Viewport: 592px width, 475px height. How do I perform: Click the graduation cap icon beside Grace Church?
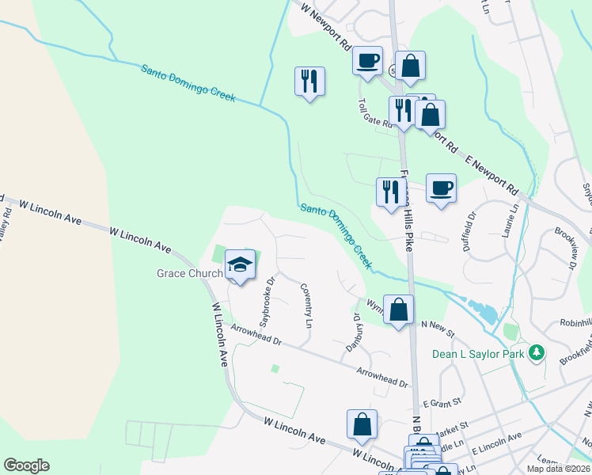(241, 264)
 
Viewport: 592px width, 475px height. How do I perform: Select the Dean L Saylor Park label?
(477, 353)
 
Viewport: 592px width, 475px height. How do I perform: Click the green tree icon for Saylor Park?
(537, 351)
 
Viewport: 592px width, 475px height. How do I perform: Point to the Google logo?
(26, 465)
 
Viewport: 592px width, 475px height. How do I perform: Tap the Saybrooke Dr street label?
(267, 302)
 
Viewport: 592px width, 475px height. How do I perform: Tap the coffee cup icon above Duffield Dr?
(442, 188)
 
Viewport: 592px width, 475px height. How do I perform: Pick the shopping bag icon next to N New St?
(399, 308)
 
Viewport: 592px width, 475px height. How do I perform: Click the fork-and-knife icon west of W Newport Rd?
(309, 81)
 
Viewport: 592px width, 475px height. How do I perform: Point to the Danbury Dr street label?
(354, 332)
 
